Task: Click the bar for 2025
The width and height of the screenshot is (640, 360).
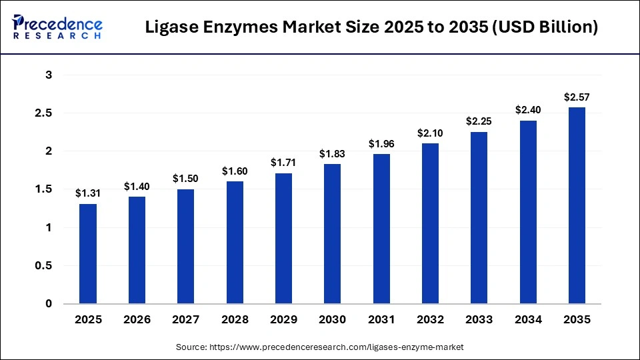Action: (88, 253)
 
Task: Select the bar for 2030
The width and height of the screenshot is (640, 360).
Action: (332, 233)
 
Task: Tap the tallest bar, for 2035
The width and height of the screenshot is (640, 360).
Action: (577, 205)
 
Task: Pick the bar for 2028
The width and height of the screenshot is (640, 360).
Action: (235, 243)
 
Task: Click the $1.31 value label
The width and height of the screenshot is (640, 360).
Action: (88, 193)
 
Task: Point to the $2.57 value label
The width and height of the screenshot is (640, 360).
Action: (577, 97)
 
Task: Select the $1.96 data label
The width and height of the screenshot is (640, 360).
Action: (381, 143)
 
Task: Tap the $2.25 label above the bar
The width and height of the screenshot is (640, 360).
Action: (479, 121)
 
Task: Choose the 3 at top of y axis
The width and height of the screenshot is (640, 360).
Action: (48, 75)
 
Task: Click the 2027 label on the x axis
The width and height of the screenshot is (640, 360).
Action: (186, 319)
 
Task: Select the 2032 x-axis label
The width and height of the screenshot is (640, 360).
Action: (430, 319)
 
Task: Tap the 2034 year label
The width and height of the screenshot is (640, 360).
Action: (528, 319)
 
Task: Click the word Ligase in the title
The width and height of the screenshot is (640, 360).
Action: (172, 27)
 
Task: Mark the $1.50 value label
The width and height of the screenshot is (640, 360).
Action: (186, 179)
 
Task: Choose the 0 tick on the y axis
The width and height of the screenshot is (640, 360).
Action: (48, 304)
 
